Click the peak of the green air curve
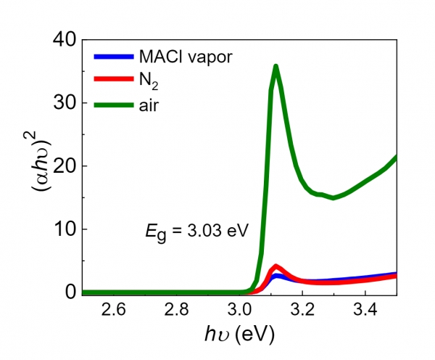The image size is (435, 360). tap(275, 66)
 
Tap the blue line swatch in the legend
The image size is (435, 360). tap(114, 57)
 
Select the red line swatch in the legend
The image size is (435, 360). tap(114, 81)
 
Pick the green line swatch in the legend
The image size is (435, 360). tap(114, 105)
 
